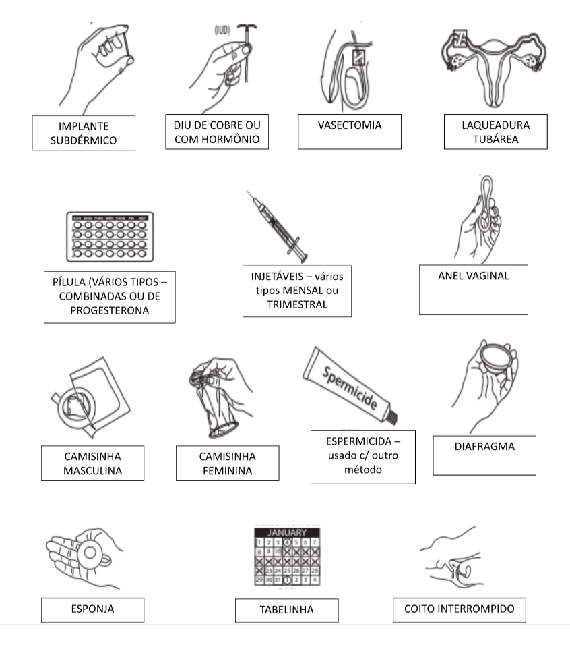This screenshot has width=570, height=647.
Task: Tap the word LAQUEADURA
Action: tap(495, 125)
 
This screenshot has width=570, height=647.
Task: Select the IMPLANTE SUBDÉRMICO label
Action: tap(84, 132)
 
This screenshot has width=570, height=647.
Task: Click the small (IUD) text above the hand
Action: tap(223, 30)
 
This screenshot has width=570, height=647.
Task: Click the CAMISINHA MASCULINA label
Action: tap(92, 463)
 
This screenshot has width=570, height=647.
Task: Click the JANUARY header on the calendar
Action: tap(286, 532)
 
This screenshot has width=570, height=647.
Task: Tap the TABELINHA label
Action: tap(286, 611)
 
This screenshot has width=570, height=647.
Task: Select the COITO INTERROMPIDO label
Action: tap(460, 609)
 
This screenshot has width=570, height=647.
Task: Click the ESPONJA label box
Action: tap(92, 609)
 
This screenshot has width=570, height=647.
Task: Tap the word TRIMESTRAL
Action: tap(297, 304)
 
